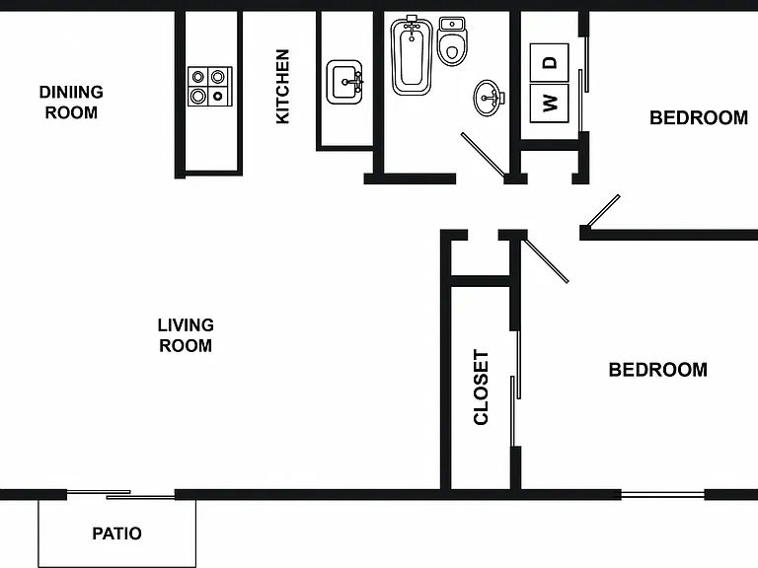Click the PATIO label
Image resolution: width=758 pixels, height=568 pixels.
(117, 533)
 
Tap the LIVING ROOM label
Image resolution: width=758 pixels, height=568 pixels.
(186, 335)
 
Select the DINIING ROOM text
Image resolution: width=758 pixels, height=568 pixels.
(71, 102)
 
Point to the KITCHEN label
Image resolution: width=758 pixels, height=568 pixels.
(282, 87)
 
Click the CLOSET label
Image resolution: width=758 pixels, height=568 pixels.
(481, 388)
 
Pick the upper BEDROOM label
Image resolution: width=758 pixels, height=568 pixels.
(699, 118)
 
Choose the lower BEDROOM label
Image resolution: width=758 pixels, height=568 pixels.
(658, 370)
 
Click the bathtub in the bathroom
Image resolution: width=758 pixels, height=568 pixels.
(412, 55)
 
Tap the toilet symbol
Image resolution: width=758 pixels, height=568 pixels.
(452, 41)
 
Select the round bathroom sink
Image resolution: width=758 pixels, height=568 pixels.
(489, 98)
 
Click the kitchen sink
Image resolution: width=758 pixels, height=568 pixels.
(344, 82)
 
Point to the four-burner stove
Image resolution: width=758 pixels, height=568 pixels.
(210, 87)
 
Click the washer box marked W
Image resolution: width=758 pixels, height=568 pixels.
(549, 104)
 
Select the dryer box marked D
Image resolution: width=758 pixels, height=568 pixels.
(549, 62)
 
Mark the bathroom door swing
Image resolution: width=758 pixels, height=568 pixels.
(484, 155)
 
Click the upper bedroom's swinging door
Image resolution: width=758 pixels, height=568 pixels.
(602, 211)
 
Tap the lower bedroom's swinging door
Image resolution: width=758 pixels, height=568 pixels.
(547, 260)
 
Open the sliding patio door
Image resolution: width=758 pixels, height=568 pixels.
(120, 494)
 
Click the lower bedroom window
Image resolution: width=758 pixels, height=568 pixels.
(662, 494)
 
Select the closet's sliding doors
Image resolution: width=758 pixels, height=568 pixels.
(515, 389)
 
